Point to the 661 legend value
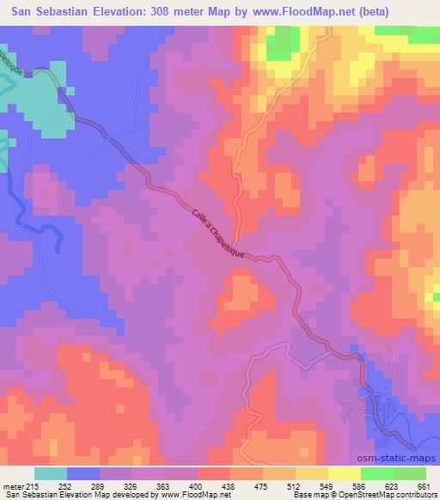tap(424, 485)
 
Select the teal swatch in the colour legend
tap(52, 473)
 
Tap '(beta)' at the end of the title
tap(365, 12)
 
